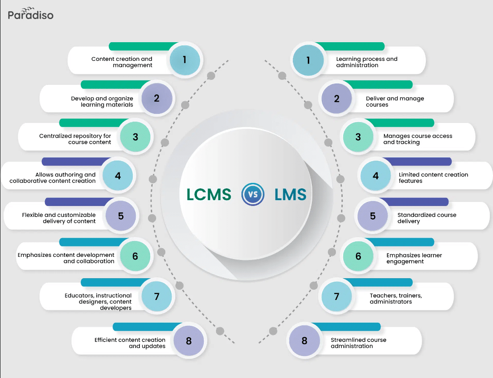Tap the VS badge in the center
point(253,195)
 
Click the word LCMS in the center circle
point(208,195)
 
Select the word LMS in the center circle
point(291,195)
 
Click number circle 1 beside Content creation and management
point(185,59)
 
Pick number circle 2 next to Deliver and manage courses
point(336,98)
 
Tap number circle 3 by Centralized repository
point(135,137)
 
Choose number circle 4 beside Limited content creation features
point(375,175)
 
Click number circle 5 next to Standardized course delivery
point(373,216)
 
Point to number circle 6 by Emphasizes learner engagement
point(358,256)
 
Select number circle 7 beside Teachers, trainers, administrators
point(336,296)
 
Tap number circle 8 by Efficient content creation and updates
point(189,340)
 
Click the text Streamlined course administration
point(358,343)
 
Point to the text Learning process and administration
point(366,62)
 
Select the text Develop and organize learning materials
point(102,102)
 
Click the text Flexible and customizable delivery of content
point(59,218)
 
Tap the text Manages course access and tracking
point(418,139)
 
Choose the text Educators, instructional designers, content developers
point(98,302)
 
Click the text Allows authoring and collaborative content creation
point(53,178)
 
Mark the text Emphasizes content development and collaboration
point(66,258)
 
